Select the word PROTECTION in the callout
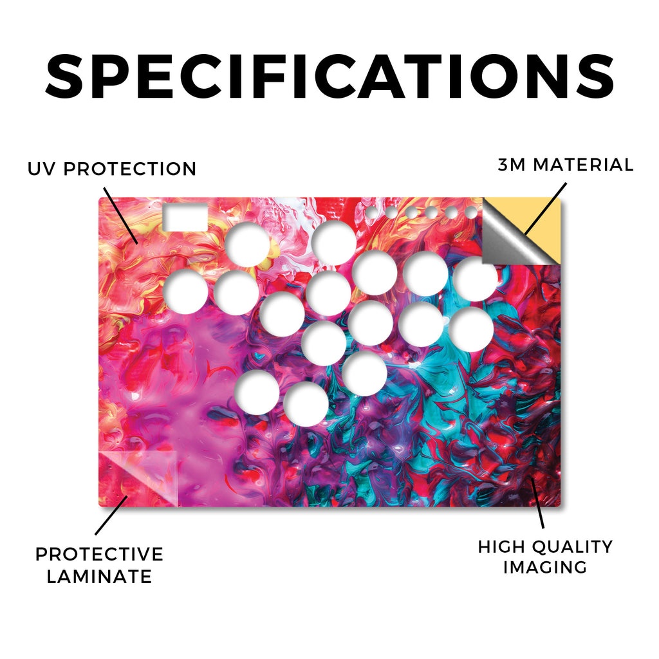click(130, 169)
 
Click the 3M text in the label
click(512, 165)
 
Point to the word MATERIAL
click(583, 165)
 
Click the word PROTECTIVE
click(99, 554)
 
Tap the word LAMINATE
click(99, 576)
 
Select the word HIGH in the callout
click(501, 547)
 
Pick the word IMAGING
click(545, 568)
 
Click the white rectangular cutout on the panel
click(185, 217)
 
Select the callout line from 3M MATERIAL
click(546, 209)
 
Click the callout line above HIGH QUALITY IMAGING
click(537, 503)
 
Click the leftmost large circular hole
click(185, 292)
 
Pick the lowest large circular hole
click(306, 404)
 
